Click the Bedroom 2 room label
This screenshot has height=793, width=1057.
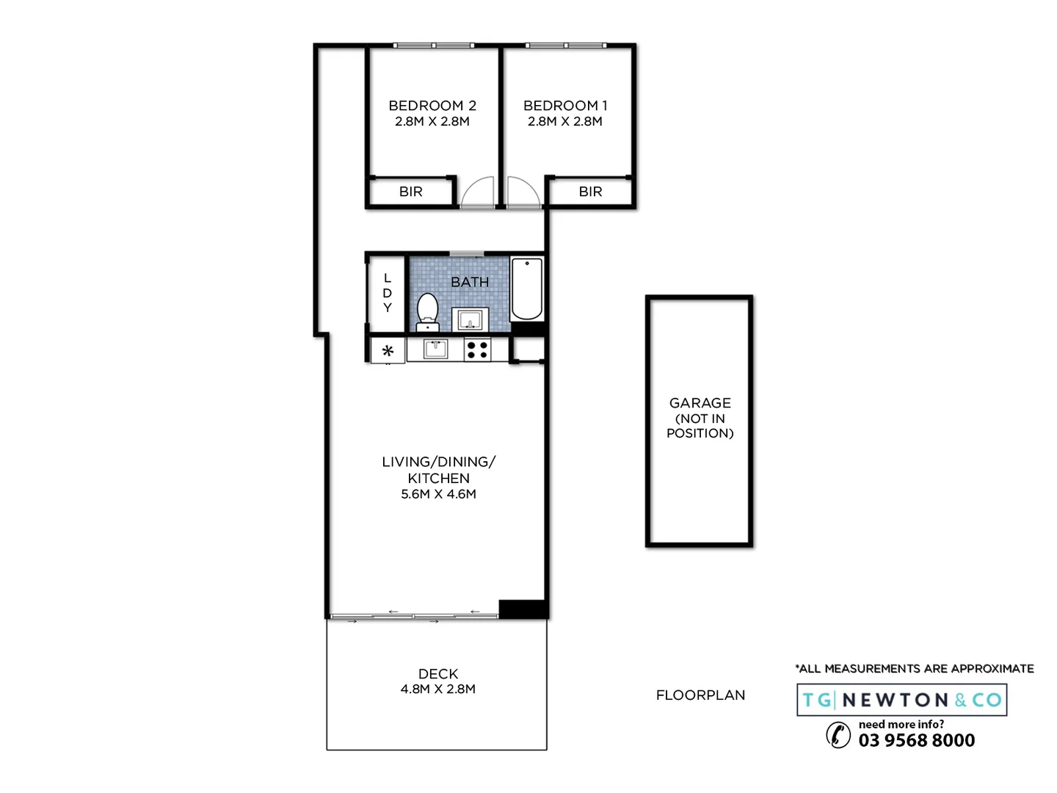point(432,106)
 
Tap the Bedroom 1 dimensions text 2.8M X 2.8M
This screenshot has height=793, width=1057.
point(564,122)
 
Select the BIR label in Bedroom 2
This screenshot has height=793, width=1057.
point(410,192)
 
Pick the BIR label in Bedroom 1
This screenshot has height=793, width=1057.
point(590,192)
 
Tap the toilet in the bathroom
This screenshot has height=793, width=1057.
point(427,311)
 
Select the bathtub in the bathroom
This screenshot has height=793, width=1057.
point(526,289)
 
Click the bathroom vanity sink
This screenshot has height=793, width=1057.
point(470,320)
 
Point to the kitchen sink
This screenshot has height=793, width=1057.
point(436,349)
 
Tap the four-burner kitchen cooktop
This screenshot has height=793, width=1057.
point(477,350)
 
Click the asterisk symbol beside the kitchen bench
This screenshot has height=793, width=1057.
point(388,351)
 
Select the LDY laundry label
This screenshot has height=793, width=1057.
point(387,293)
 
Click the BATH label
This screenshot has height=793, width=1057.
point(470,282)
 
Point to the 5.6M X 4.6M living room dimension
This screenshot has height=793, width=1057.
point(438,494)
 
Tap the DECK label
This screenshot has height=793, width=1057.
point(438,673)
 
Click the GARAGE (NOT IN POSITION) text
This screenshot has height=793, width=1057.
point(700,418)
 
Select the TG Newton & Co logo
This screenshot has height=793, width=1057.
point(901,700)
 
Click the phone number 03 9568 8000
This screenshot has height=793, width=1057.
point(916,740)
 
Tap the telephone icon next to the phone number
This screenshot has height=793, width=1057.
point(838,734)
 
